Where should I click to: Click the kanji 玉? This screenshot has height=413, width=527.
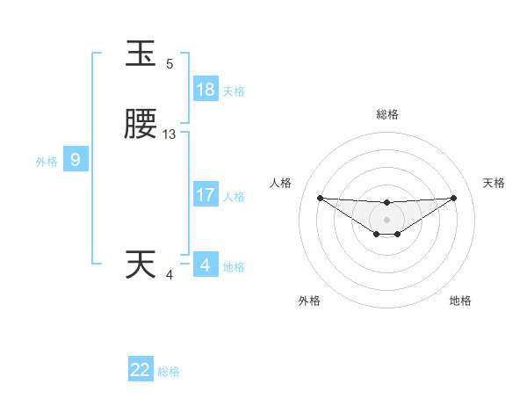(x=142, y=55)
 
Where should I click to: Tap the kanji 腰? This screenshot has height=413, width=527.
(x=142, y=127)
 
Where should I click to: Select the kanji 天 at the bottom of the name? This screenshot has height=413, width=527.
(x=142, y=264)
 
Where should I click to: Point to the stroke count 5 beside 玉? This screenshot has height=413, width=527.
(x=170, y=64)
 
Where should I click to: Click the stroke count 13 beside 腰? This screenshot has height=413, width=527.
(x=170, y=134)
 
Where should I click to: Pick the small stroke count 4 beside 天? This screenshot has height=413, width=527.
(x=170, y=275)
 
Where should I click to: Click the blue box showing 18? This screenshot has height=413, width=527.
(x=206, y=90)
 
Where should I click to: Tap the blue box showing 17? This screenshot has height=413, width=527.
(x=206, y=195)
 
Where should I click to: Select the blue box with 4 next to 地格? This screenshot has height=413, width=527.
(x=206, y=264)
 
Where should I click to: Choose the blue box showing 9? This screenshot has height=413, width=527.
(x=76, y=160)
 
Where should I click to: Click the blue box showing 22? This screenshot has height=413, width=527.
(x=141, y=370)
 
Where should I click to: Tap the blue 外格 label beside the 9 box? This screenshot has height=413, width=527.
(x=47, y=162)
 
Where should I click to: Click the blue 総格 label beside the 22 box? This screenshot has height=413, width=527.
(x=169, y=372)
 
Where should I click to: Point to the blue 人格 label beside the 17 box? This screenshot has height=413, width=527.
(x=234, y=197)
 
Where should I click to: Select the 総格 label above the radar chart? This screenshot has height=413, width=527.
(x=387, y=114)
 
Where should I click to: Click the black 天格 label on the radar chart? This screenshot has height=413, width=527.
(x=495, y=183)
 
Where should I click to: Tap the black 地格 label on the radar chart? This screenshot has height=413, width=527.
(x=460, y=301)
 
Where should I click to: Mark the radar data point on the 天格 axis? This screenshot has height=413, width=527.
(x=453, y=198)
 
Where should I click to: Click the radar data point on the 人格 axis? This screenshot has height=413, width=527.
(x=320, y=198)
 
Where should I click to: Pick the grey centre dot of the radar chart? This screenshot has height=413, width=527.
(x=386, y=220)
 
